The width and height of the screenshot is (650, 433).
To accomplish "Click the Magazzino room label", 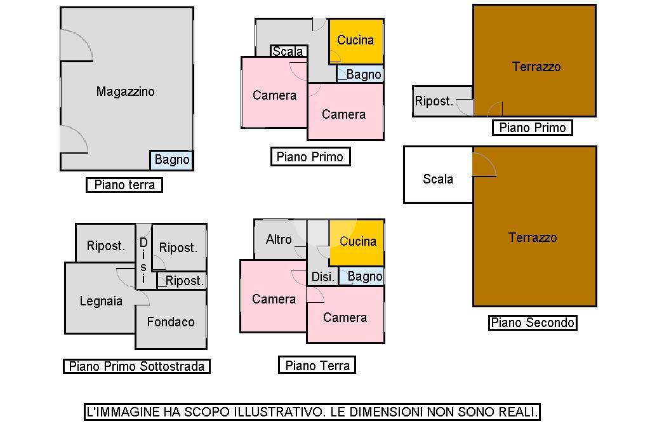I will click(x=125, y=91).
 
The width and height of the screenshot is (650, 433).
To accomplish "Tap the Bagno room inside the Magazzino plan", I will click(x=171, y=160).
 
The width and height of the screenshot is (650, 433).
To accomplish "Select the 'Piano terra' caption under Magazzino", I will click(x=124, y=185).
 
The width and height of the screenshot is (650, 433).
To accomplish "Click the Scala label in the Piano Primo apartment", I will click(x=288, y=51).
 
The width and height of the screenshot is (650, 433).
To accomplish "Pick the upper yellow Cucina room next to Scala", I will click(x=355, y=41).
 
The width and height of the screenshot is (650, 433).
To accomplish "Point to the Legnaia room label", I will click(x=101, y=301).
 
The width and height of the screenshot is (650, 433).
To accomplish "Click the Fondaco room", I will click(x=171, y=322).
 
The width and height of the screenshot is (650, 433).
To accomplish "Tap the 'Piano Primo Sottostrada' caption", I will click(x=136, y=366).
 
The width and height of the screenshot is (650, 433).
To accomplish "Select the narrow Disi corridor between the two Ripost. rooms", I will click(x=143, y=260).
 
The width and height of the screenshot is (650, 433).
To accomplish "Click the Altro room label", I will click(x=279, y=239).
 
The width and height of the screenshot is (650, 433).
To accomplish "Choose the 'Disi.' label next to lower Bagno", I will click(x=322, y=277).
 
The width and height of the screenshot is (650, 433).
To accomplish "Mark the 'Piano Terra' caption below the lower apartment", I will click(x=317, y=365).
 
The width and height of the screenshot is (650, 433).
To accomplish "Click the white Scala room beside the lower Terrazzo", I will click(x=438, y=179).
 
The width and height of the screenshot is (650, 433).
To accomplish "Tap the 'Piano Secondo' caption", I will click(x=533, y=323).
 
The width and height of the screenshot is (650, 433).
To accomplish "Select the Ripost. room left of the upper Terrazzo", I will click(x=434, y=101).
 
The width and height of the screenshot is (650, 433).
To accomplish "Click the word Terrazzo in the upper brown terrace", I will click(x=536, y=67).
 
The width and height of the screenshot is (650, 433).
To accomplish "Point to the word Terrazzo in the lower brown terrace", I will click(x=533, y=237).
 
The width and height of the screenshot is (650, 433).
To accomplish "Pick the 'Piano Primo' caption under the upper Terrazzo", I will click(x=532, y=128).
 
